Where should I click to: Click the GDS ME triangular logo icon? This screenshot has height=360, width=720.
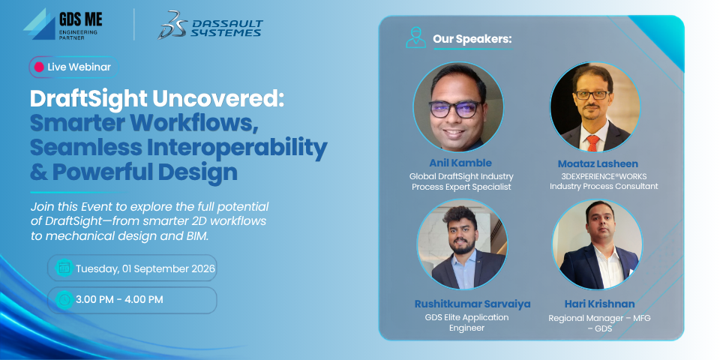point(39,24)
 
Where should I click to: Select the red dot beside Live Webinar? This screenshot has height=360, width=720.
point(39,67)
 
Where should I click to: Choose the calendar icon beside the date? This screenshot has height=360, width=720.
point(64,268)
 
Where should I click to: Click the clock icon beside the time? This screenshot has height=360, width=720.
point(64,300)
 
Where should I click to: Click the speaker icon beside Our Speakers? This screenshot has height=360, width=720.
point(415,38)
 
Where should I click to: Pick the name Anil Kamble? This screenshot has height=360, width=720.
point(460,163)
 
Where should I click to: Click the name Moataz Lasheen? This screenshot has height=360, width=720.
point(598,164)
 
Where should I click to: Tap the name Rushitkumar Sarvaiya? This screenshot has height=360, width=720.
point(472,304)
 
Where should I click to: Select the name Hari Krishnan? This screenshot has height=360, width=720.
point(599,304)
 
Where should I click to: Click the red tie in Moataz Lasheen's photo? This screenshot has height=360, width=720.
point(592,143)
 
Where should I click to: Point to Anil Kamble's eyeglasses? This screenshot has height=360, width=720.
point(455,109)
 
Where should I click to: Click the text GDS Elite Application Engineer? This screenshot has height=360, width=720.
point(466,322)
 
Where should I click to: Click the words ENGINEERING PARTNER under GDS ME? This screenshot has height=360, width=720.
point(72,34)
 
